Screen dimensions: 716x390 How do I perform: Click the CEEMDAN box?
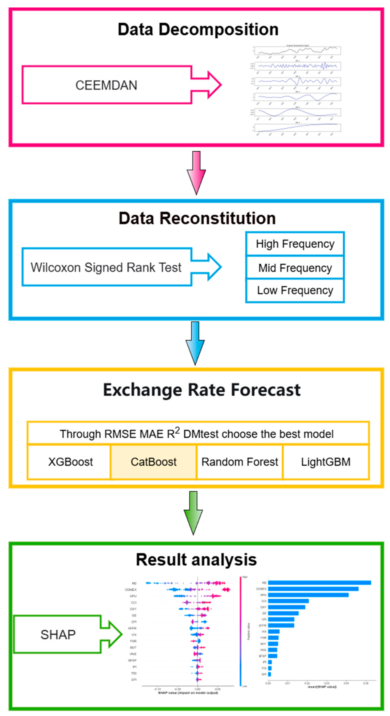106,85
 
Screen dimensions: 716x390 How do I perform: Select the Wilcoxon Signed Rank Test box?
106,267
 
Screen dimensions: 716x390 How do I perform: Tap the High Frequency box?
295,244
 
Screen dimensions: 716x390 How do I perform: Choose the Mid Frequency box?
295,268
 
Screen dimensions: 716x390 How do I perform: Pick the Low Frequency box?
295,290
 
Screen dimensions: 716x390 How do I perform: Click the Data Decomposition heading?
198,30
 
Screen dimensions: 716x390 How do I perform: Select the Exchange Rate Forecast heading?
202,390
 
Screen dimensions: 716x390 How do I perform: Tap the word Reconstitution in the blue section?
218,218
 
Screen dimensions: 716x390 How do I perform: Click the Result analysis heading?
196,559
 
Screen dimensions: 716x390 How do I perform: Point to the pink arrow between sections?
196,172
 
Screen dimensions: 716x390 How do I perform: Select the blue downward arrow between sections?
195,343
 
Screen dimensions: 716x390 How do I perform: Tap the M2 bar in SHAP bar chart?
319,582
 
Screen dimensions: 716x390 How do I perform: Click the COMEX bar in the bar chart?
313,589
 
